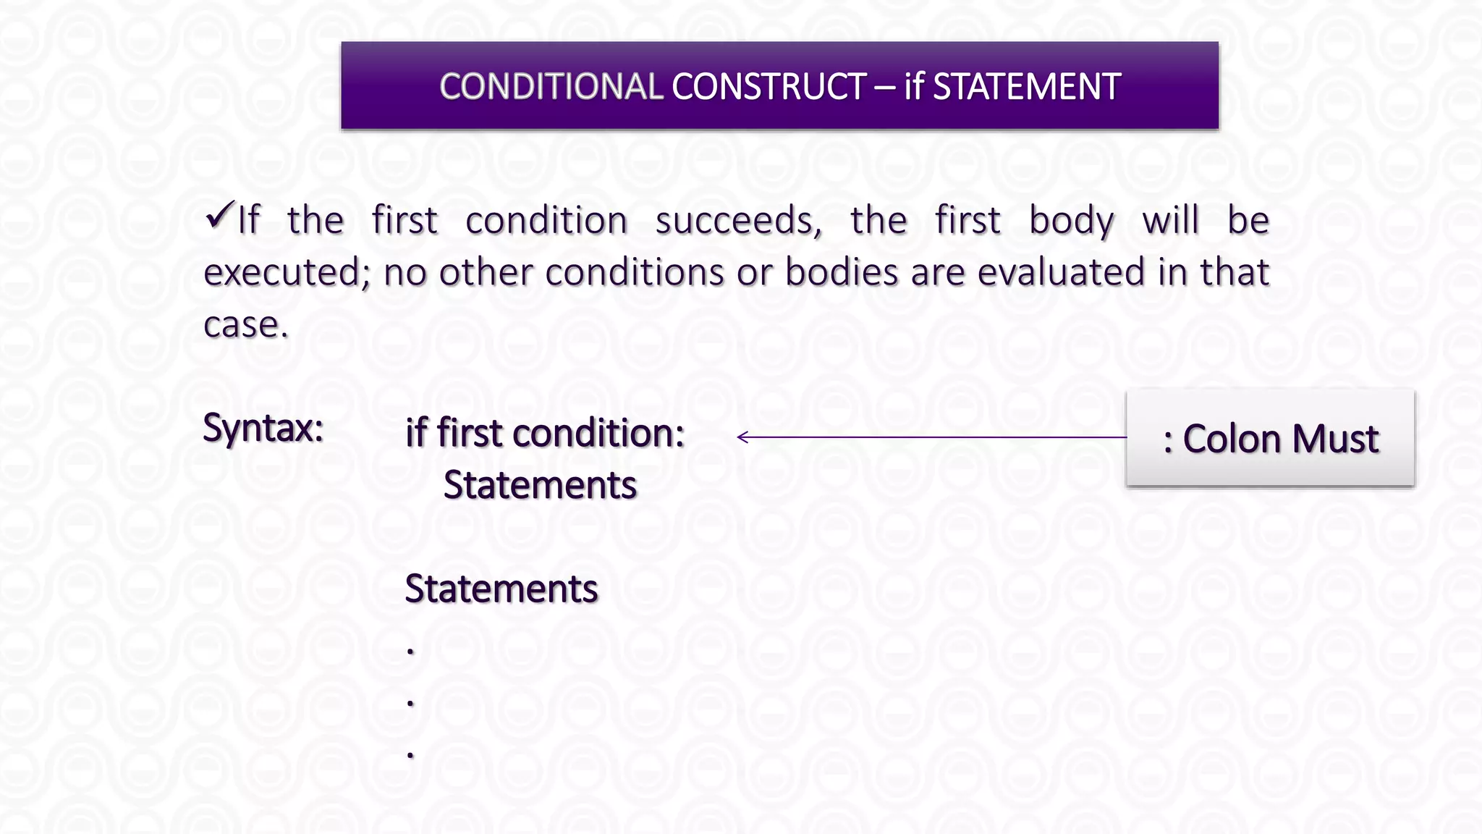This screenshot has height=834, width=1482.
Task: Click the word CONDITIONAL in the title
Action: pyautogui.click(x=551, y=87)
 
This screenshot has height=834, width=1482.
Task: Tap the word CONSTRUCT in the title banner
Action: pyautogui.click(x=768, y=87)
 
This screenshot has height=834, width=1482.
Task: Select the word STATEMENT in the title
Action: pyautogui.click(x=1027, y=87)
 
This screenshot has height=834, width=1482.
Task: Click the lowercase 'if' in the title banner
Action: pyautogui.click(x=914, y=87)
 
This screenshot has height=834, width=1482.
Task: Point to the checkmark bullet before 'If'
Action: pyautogui.click(x=219, y=215)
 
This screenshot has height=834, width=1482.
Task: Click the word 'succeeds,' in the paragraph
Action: pyautogui.click(x=739, y=221)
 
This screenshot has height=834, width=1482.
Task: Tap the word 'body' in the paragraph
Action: pyautogui.click(x=1072, y=221)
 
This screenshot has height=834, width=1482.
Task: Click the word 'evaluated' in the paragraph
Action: pyautogui.click(x=1061, y=273)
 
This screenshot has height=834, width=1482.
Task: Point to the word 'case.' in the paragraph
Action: pyautogui.click(x=245, y=325)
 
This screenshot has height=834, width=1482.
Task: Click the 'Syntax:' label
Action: pyautogui.click(x=263, y=428)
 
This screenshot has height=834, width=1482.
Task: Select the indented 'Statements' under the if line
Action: pyautogui.click(x=540, y=485)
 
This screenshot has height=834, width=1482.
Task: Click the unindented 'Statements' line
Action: pyautogui.click(x=501, y=589)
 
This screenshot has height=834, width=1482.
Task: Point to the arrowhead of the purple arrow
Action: pyautogui.click(x=741, y=437)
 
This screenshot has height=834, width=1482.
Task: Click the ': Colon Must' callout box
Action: pyautogui.click(x=1270, y=438)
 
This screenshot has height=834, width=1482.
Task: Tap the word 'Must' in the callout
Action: pyautogui.click(x=1335, y=439)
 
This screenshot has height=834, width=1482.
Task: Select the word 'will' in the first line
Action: pyautogui.click(x=1171, y=221)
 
